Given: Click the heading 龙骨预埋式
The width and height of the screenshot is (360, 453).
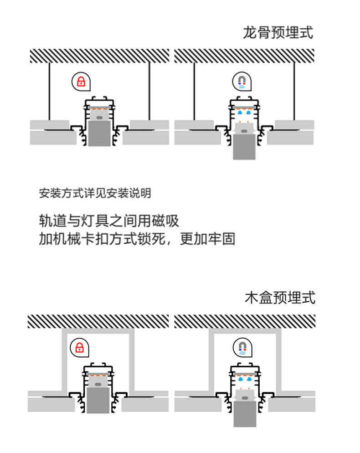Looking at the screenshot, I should pos(278,33).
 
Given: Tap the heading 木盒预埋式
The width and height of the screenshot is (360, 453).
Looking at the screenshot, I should pos(280,298).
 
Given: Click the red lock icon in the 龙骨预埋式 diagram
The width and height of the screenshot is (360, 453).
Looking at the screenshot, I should pos(81,82).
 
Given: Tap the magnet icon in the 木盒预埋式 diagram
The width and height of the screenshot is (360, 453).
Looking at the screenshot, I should pos(243,347).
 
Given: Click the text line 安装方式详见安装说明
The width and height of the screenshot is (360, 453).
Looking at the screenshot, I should pos(95,193).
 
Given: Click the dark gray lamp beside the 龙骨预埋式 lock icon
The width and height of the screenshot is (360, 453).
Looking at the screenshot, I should pos(99,133).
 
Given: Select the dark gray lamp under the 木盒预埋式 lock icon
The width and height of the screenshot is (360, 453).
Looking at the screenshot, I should pos(98,400).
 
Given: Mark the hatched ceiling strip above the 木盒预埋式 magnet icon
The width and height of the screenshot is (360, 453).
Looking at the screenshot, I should pos(245,321).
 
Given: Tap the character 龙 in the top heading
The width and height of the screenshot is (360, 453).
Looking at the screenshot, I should pos(249,33).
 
